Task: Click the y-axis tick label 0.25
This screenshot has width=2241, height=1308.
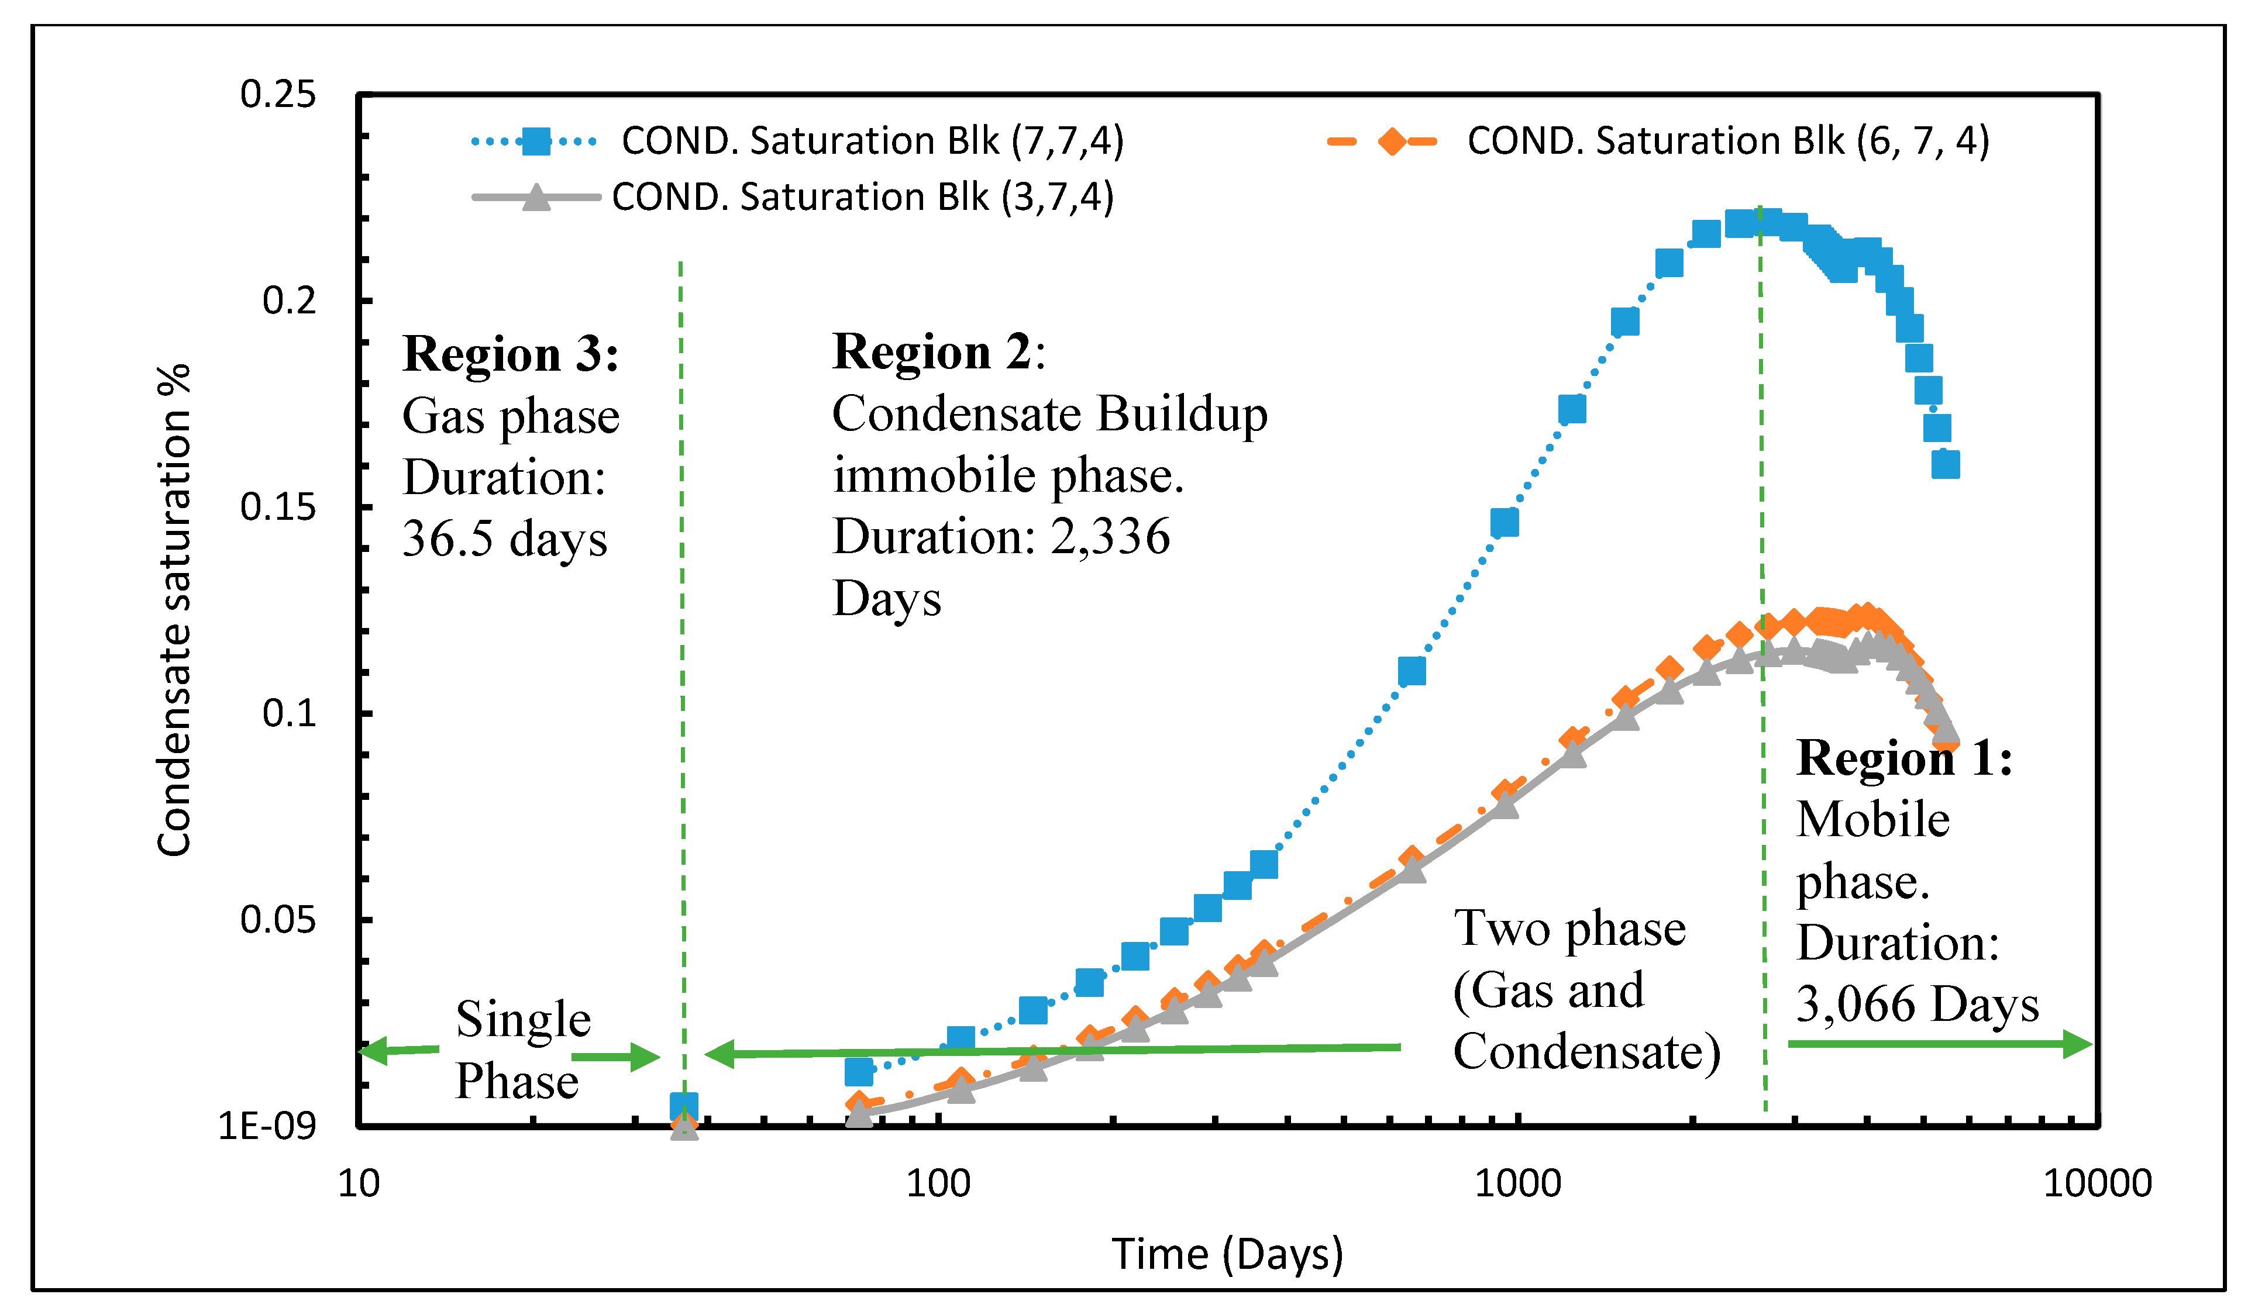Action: [x=277, y=94]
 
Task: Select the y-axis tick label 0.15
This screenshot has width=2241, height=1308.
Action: [x=277, y=508]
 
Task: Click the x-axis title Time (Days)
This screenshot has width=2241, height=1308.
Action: [x=1227, y=1255]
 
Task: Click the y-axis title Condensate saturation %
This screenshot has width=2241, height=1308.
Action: [x=173, y=610]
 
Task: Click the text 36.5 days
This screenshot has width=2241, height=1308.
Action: [x=504, y=539]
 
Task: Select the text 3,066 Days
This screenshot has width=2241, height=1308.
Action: [x=1916, y=1005]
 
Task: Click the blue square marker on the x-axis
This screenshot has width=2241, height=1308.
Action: [x=683, y=1107]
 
